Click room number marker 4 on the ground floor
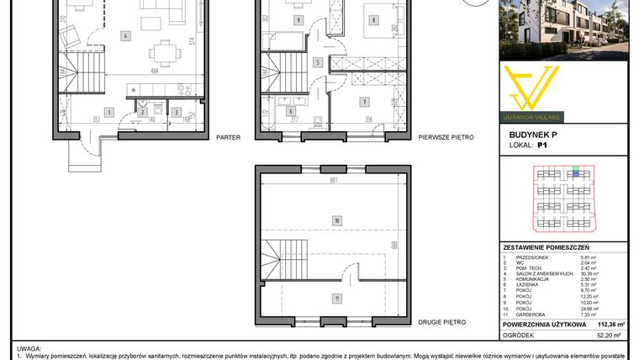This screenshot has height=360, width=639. click(124, 36)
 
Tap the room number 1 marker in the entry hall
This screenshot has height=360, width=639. click(109, 112)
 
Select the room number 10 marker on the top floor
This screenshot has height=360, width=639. click(336, 221)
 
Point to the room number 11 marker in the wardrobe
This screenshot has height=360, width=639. click(336, 298)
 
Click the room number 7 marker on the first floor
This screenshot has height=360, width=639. click(365, 103)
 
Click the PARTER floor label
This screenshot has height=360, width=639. click(228, 136)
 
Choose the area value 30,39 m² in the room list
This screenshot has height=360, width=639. click(611, 274)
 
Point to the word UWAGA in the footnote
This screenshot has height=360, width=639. click(29, 347)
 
